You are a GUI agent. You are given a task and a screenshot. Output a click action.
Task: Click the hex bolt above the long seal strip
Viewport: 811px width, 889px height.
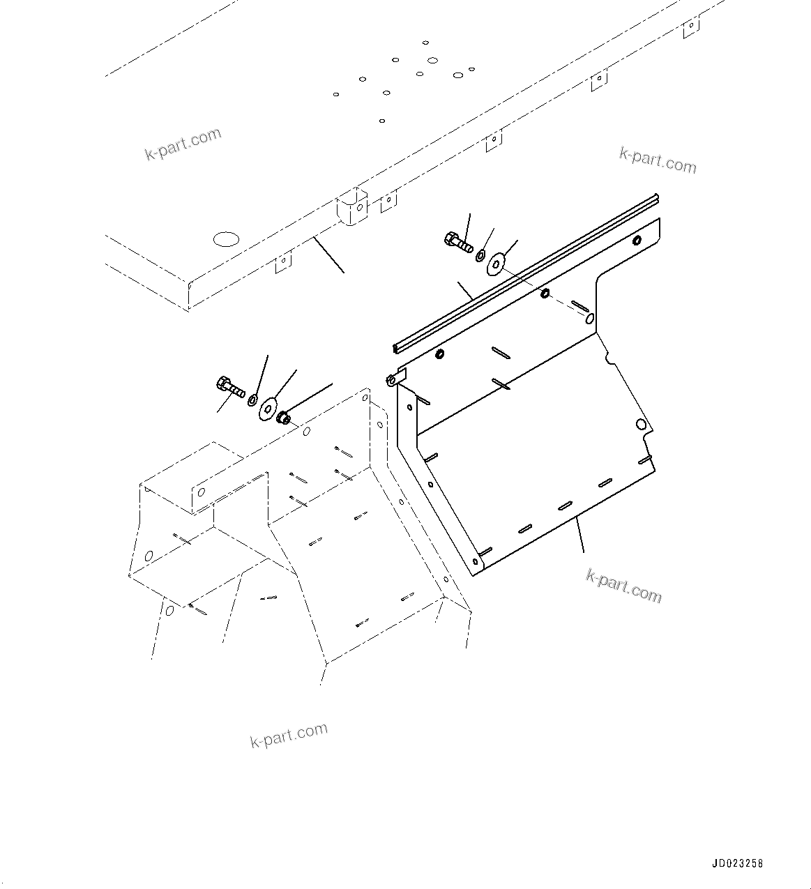[x=458, y=242]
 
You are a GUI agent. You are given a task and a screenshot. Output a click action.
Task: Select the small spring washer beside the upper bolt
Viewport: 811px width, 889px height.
[x=481, y=256]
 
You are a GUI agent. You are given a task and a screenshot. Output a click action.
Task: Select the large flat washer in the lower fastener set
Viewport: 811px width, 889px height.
[x=267, y=409]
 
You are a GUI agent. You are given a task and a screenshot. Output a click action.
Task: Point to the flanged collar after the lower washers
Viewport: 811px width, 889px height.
[x=284, y=419]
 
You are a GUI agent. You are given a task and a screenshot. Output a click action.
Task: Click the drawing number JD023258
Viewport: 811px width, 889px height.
[x=738, y=863]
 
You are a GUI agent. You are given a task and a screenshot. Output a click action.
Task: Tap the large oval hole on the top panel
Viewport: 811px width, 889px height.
[x=226, y=240]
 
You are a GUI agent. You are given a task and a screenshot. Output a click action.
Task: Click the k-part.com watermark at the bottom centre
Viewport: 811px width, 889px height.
[x=289, y=735]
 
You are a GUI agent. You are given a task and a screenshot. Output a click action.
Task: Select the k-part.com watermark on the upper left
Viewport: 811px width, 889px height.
[x=183, y=144]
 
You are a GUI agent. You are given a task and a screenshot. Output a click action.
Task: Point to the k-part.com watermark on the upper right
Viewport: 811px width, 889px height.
[x=657, y=160]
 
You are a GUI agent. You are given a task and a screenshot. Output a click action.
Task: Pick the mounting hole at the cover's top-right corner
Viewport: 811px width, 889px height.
[x=637, y=241]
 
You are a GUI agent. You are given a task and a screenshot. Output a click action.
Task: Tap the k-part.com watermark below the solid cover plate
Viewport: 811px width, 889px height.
[x=623, y=586]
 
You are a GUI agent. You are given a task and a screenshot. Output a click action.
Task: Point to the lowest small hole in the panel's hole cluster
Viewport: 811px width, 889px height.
[x=382, y=121]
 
